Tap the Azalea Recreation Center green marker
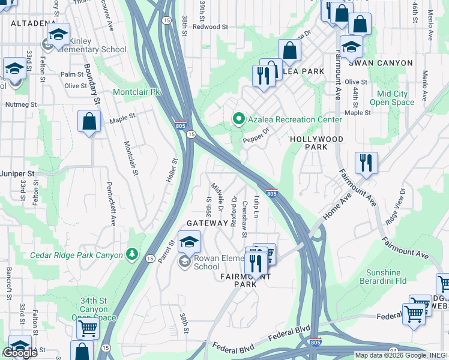coord(238,119)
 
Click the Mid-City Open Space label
coord(392,98)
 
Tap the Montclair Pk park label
coord(138,92)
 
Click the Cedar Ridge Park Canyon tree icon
coord(132,255)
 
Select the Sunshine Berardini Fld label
coord(391,276)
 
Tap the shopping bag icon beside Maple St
coord(89,121)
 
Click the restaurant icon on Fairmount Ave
coord(366,162)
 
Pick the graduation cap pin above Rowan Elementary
coord(189,241)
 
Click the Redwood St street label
coord(211,27)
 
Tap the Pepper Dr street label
coord(258,139)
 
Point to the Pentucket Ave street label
coord(111,204)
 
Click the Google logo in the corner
coord(20,352)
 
